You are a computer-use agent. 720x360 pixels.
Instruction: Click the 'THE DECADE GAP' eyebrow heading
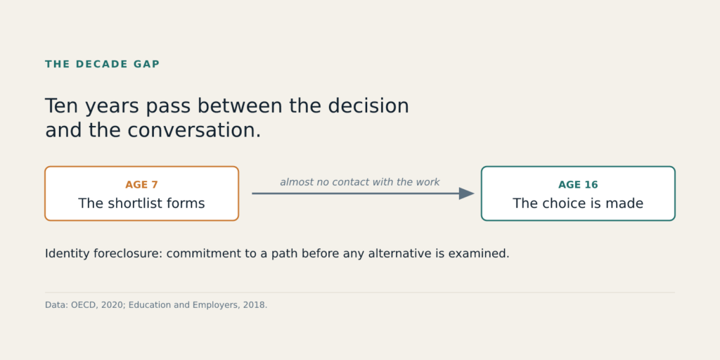pyautogui.click(x=103, y=64)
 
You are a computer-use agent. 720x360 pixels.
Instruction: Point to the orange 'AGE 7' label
pyautogui.click(x=141, y=185)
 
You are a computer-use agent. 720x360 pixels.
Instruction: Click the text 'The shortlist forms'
pyautogui.click(x=141, y=203)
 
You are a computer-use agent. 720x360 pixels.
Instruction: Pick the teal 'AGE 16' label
pyautogui.click(x=578, y=185)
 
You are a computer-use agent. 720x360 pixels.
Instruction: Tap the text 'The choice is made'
pyautogui.click(x=578, y=203)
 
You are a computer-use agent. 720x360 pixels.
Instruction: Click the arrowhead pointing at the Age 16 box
pyautogui.click(x=467, y=193)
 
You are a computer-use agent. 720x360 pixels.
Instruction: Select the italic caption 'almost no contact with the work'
pyautogui.click(x=360, y=182)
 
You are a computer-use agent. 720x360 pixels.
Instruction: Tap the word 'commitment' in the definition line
pyautogui.click(x=198, y=253)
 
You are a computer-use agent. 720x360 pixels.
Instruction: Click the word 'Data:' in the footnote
pyautogui.click(x=56, y=305)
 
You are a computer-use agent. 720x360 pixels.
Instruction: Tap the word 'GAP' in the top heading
pyautogui.click(x=146, y=64)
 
